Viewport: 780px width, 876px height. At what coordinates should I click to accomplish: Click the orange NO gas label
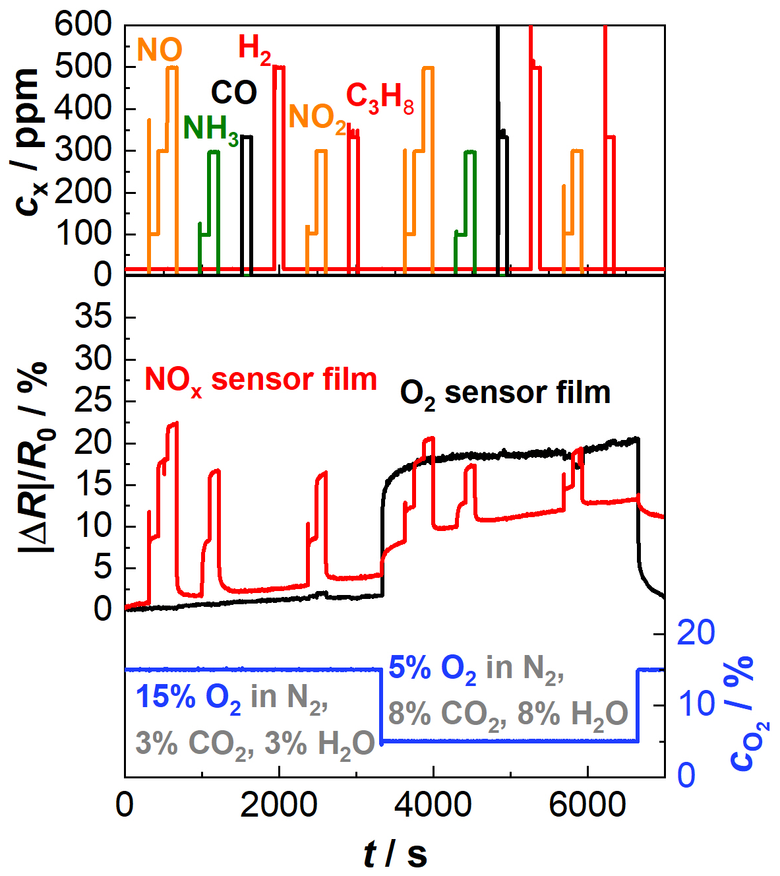160,50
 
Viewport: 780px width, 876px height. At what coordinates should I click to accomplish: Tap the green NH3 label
210,129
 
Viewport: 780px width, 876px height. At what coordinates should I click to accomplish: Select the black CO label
234,93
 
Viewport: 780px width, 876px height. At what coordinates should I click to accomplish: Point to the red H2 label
254,49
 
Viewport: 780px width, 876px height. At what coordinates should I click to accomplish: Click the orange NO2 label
317,118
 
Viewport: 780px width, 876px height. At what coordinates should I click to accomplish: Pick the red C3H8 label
380,98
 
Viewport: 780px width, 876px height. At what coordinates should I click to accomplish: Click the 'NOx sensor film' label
260,381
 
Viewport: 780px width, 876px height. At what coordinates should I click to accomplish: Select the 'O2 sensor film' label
505,394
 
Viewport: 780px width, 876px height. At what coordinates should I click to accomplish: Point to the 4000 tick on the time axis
433,805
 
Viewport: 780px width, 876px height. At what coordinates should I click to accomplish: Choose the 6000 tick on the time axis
586,805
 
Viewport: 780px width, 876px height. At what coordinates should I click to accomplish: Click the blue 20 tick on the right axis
696,633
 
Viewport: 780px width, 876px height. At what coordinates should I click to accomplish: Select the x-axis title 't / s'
395,854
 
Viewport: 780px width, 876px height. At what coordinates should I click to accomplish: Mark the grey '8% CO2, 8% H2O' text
508,714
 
